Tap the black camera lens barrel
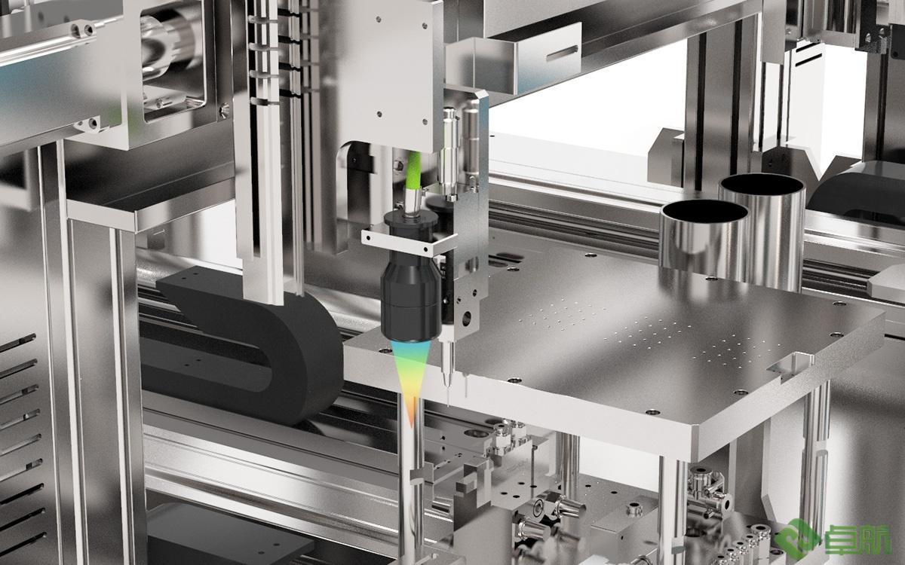410,298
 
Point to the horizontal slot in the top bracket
562,53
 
